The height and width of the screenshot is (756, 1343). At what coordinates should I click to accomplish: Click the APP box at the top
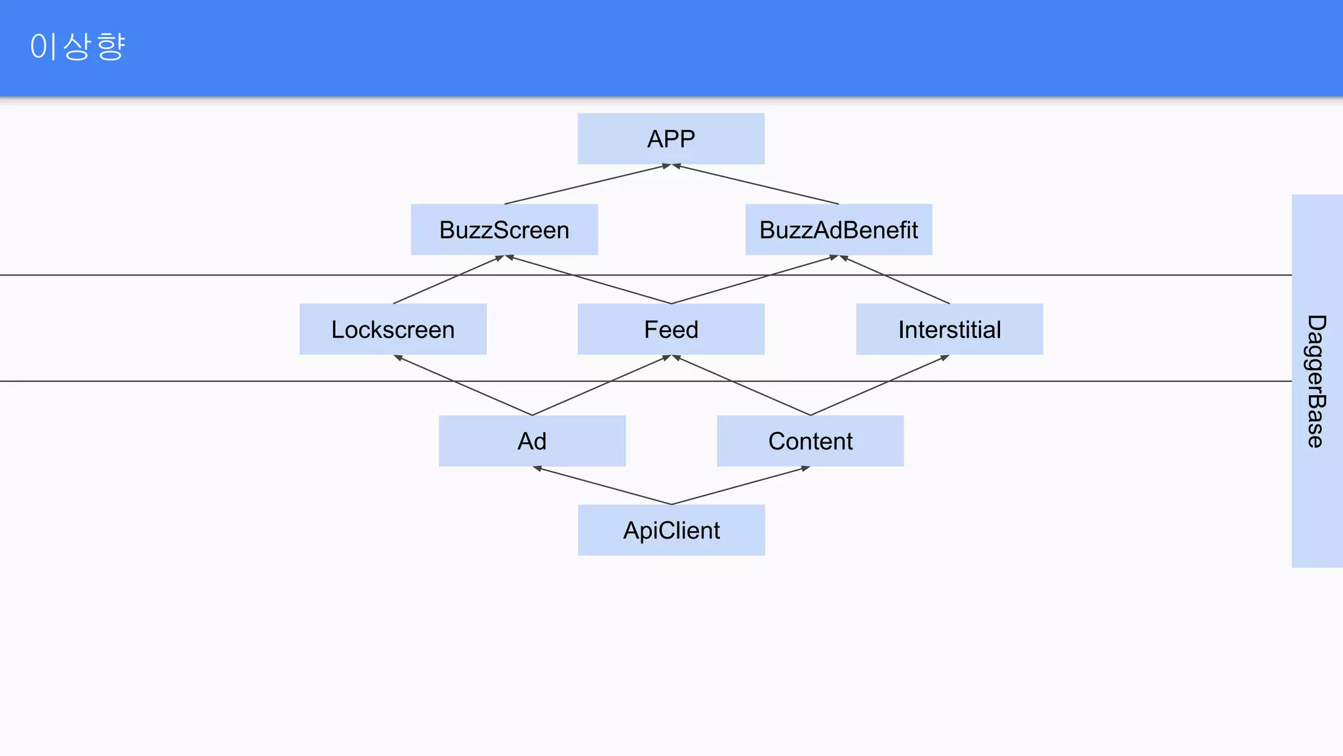click(671, 138)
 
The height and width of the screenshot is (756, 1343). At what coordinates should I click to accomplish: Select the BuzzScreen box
click(504, 230)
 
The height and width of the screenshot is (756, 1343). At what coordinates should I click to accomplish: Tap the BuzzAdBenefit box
click(839, 230)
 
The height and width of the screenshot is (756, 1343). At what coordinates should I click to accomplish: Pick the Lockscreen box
click(393, 329)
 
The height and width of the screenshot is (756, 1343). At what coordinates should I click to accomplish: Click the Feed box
click(671, 329)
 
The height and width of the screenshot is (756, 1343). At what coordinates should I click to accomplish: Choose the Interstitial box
click(950, 329)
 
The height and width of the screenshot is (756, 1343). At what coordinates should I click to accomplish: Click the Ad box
click(532, 441)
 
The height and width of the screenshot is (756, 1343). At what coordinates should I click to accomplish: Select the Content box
click(811, 441)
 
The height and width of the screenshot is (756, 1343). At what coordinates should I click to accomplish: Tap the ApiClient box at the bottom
click(671, 530)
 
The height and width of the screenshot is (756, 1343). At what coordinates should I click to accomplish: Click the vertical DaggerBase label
click(1316, 381)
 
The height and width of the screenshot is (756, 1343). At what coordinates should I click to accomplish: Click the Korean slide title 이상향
click(77, 47)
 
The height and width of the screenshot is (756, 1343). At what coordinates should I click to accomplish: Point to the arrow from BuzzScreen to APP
click(587, 184)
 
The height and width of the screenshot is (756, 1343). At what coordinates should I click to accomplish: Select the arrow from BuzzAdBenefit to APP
click(755, 184)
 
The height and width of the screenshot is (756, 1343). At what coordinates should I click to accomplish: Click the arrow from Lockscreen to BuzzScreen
click(449, 280)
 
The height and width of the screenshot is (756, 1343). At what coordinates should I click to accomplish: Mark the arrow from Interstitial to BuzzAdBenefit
click(894, 280)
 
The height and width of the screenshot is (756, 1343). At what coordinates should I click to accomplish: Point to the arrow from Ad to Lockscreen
click(463, 385)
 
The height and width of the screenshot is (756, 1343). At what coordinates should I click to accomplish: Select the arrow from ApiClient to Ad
click(602, 486)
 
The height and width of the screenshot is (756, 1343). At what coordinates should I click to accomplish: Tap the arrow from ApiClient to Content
click(741, 486)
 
